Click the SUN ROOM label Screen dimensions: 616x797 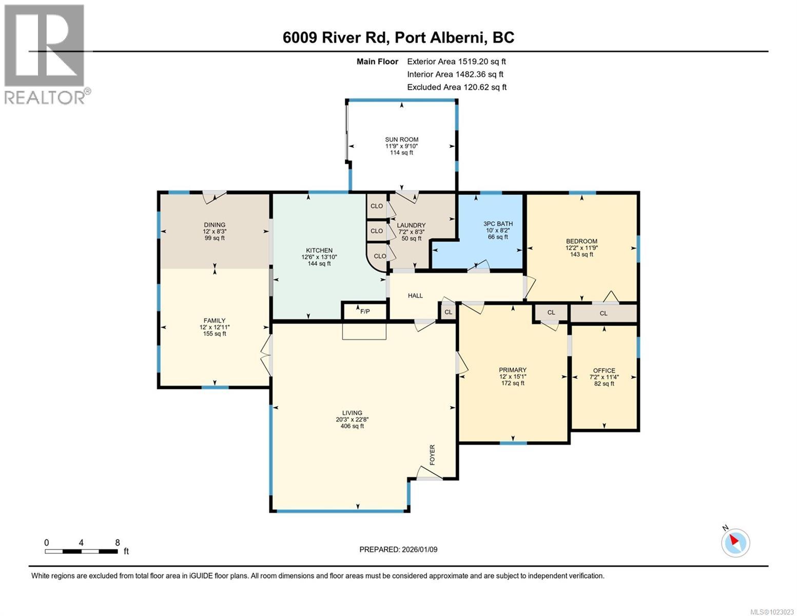[402, 139]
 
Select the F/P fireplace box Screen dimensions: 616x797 [365, 311]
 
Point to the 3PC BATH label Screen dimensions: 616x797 [498, 224]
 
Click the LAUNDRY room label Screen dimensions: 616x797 [411, 225]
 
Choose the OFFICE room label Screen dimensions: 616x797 [604, 371]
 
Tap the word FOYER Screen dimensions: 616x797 [432, 455]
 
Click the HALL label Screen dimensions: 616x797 [415, 296]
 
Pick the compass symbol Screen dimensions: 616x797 [735, 542]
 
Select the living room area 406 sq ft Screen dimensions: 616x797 [352, 426]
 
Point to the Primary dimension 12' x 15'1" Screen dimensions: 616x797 [513, 376]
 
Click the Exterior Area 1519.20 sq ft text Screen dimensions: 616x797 [457, 62]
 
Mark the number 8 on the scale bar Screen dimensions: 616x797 [118, 543]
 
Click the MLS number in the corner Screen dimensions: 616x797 [772, 611]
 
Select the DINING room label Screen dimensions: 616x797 [214, 225]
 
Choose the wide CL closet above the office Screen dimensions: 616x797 [604, 313]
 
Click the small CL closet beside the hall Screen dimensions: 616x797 [448, 312]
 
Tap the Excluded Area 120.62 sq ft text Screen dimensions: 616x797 [457, 87]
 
